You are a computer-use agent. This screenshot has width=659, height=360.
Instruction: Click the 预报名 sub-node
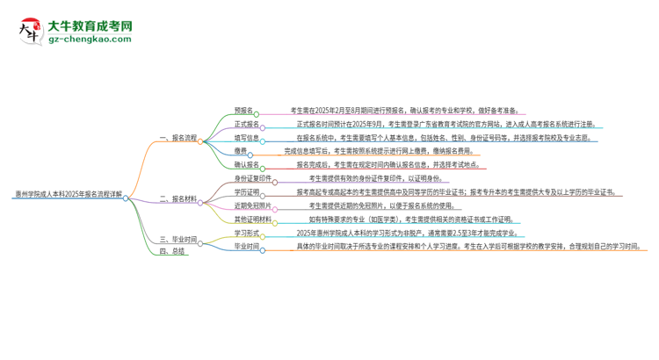click(x=243, y=111)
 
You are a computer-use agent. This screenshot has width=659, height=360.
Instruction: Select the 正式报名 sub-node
click(x=247, y=124)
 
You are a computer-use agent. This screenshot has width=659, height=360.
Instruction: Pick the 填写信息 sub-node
click(x=247, y=137)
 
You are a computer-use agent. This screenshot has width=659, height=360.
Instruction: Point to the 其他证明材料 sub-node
click(x=254, y=219)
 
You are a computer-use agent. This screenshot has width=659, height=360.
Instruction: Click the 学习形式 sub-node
click(x=247, y=233)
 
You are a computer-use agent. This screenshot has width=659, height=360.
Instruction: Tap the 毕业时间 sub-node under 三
click(x=247, y=247)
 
